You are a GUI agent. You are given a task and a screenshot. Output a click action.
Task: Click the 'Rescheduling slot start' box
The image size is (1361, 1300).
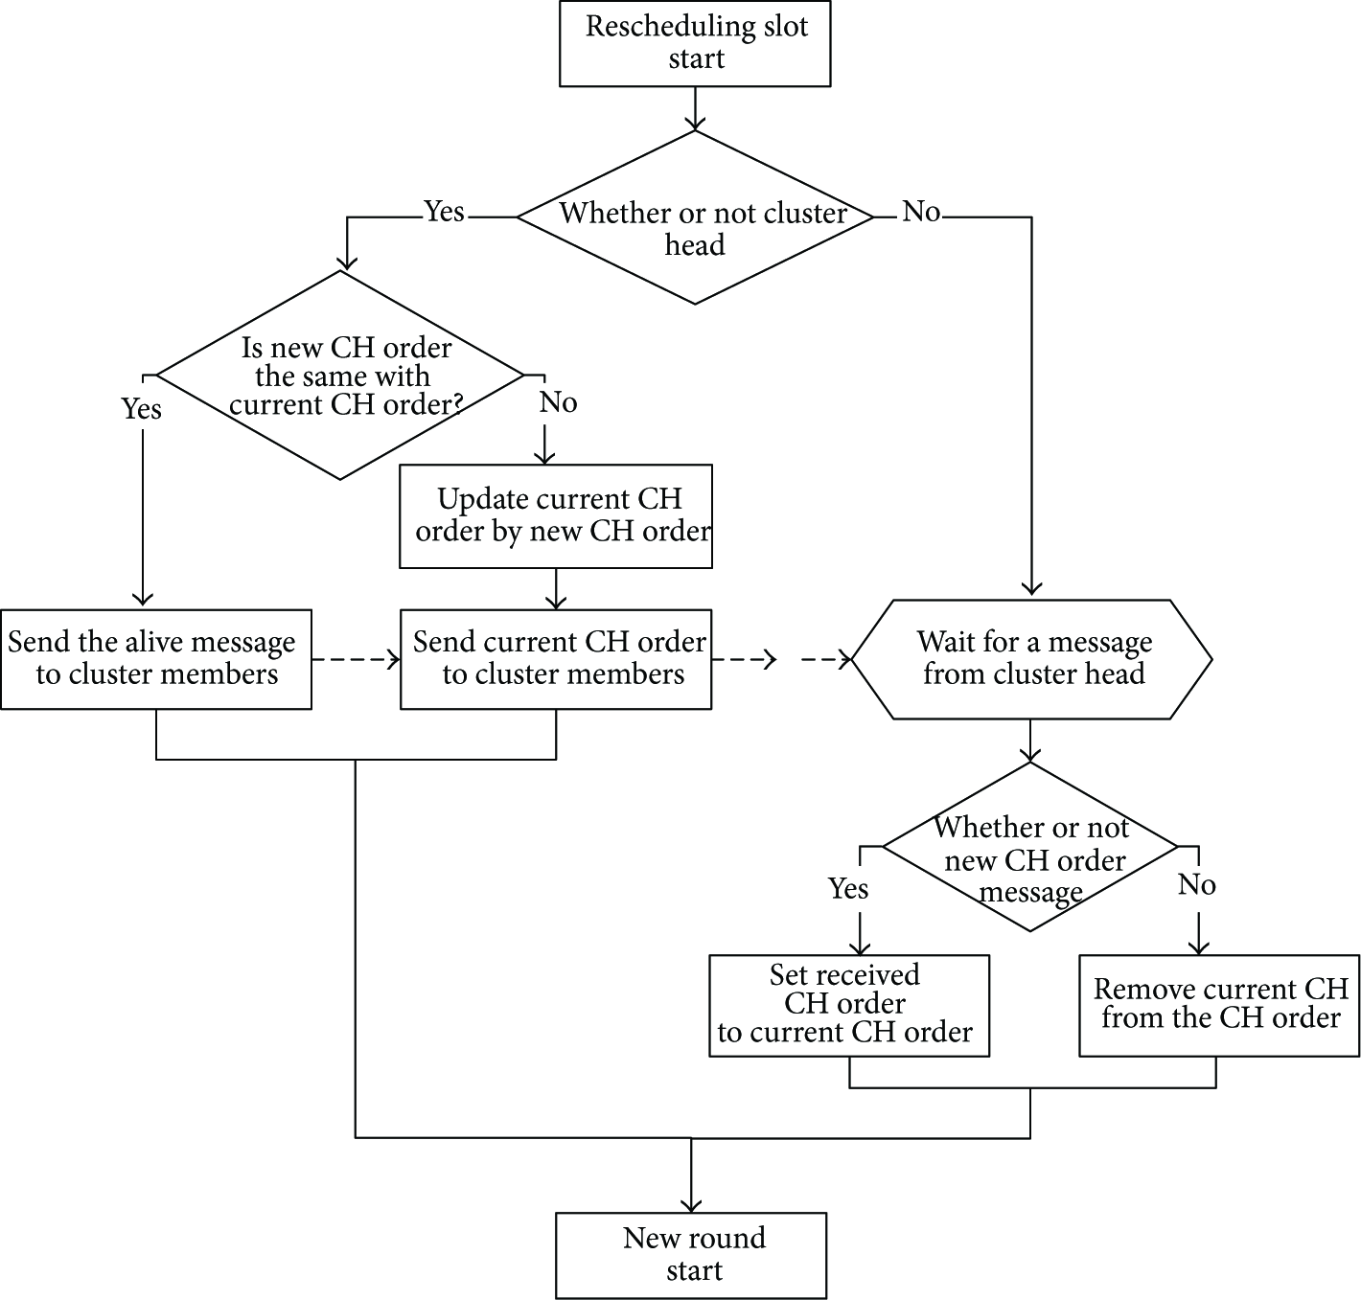[x=695, y=43]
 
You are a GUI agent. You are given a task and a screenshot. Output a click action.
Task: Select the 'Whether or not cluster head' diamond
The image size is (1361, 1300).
[x=695, y=217]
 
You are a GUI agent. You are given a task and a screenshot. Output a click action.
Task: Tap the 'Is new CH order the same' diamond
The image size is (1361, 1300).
[x=340, y=376]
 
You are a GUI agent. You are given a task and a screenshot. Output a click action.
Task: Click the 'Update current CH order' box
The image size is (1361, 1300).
[x=556, y=515]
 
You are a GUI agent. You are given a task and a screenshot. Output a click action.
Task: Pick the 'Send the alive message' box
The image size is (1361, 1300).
[x=156, y=659]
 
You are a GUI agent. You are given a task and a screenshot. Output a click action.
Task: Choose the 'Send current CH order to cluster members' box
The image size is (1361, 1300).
[x=556, y=659]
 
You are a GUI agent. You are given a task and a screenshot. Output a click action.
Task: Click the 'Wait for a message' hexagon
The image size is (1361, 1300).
[x=1031, y=659]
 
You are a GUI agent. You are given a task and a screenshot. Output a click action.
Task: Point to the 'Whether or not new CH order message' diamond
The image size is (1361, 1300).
[x=1030, y=847]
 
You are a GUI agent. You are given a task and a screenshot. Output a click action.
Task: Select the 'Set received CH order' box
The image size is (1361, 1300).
[x=849, y=1006]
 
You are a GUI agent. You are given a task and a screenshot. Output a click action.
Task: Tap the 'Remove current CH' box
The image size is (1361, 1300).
[x=1219, y=1006]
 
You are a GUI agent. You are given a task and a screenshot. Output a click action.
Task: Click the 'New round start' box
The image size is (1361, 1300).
[x=691, y=1255]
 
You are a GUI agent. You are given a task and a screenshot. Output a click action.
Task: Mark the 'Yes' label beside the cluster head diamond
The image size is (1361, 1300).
[x=444, y=211]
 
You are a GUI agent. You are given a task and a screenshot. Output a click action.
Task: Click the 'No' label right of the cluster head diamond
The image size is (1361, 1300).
[x=921, y=211]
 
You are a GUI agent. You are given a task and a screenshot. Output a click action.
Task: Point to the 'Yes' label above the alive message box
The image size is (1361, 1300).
[x=141, y=409]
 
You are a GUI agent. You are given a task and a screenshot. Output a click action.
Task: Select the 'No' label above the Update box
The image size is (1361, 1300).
[x=558, y=402]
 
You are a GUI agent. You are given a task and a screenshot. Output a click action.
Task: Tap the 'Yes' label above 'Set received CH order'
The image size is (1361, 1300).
[x=848, y=888]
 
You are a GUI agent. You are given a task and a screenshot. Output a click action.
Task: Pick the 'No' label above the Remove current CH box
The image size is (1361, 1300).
[x=1197, y=885]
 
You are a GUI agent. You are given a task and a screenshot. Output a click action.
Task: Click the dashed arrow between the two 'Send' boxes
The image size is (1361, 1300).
[x=356, y=659]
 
